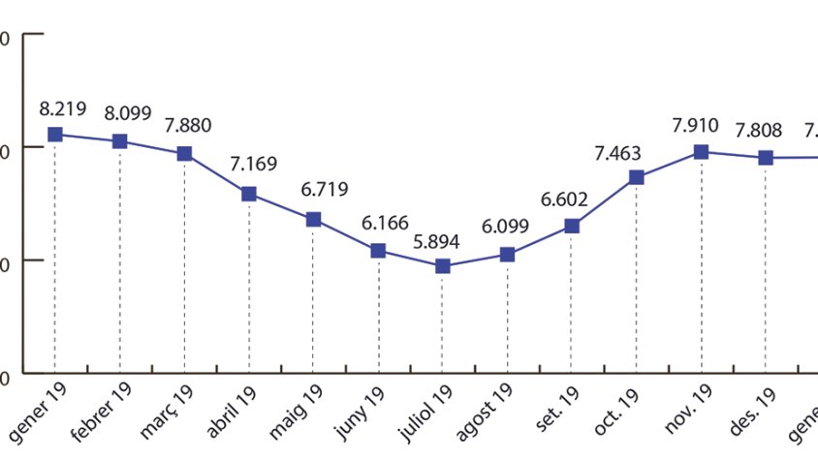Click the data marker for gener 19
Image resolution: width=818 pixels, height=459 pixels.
click(x=55, y=135)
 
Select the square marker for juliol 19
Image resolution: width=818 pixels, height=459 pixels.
click(x=443, y=265)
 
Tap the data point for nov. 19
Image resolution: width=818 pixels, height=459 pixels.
click(x=701, y=152)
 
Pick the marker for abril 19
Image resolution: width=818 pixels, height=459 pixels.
click(x=249, y=194)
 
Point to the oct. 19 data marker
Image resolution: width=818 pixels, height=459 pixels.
click(x=637, y=177)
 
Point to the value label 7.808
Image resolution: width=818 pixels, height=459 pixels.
click(x=759, y=131)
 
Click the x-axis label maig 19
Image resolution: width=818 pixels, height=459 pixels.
click(x=299, y=408)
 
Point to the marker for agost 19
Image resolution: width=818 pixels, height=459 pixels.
click(x=507, y=254)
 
